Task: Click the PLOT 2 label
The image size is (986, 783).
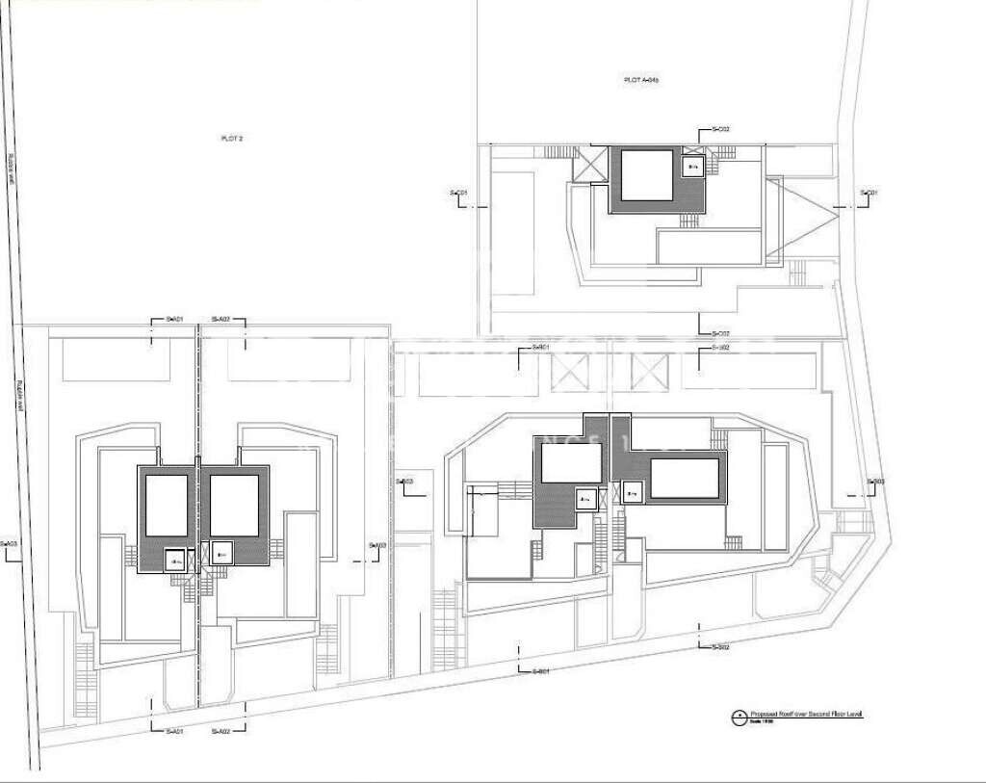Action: point(232,139)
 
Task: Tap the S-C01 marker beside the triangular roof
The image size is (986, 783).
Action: point(869,194)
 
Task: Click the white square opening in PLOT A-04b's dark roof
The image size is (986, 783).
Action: point(646,174)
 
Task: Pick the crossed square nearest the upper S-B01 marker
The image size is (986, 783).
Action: point(568,371)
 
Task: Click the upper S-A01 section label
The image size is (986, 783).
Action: point(174,319)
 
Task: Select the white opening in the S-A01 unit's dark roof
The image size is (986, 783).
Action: point(166,506)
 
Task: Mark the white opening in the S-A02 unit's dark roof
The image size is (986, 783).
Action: point(234,506)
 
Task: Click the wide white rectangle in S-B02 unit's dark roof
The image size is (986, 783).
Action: point(684,478)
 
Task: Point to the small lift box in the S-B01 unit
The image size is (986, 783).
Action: point(584,498)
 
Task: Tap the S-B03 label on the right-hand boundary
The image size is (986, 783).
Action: point(874,482)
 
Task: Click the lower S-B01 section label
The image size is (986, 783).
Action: point(540,671)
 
